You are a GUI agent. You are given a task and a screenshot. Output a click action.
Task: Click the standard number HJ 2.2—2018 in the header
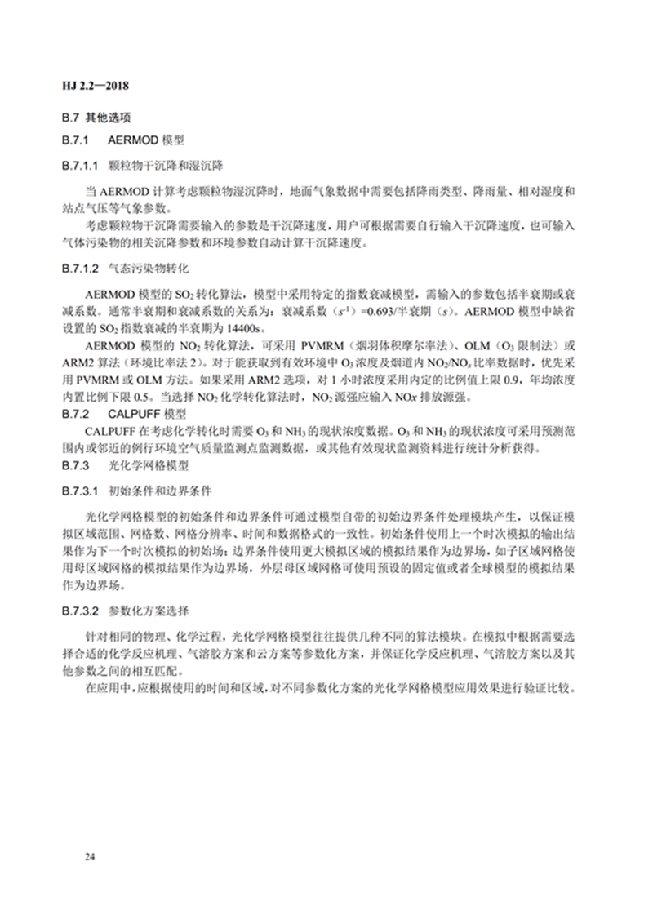[99, 84]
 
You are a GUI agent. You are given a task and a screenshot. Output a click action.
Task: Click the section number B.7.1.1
[81, 164]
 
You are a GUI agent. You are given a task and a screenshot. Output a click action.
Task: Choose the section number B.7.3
[77, 466]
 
